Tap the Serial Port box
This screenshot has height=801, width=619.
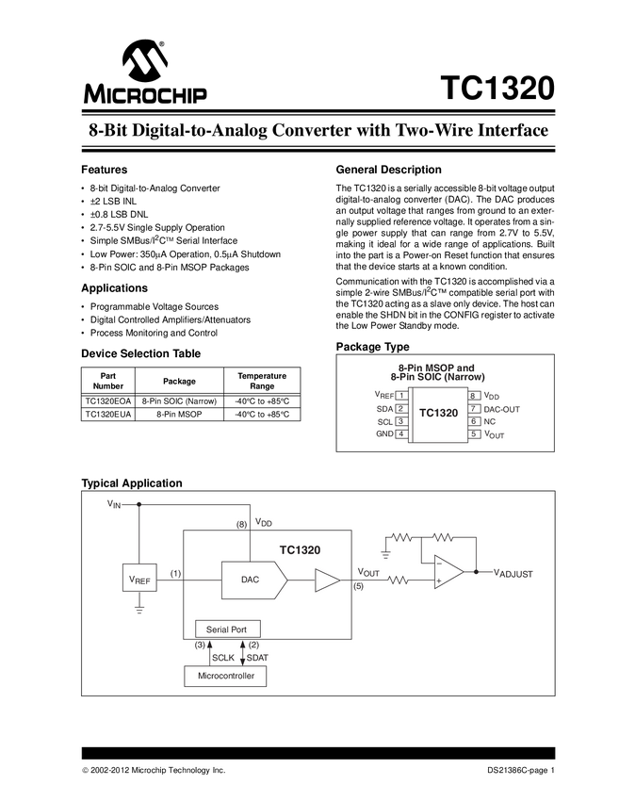click(226, 629)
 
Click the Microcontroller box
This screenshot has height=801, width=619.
click(225, 677)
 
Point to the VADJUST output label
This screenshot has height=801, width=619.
click(513, 573)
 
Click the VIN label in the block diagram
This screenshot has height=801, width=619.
click(115, 504)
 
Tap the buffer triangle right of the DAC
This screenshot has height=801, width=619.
click(327, 580)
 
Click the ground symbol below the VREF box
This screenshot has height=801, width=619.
click(138, 610)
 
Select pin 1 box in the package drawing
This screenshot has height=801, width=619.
click(401, 396)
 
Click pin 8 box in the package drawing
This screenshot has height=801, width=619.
click(473, 396)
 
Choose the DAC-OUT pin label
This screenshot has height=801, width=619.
click(502, 409)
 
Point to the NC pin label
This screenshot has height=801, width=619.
click(489, 421)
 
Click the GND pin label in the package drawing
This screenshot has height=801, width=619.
click(384, 434)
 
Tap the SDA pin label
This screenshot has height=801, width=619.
click(384, 409)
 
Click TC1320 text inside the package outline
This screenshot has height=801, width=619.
click(437, 414)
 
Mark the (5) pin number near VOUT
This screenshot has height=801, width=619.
click(359, 586)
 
